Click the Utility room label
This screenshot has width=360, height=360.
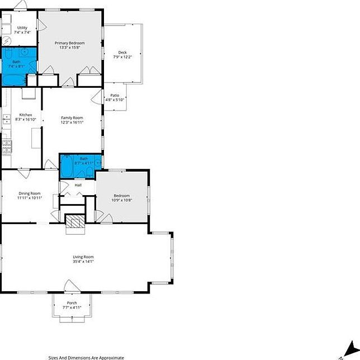point(22,27)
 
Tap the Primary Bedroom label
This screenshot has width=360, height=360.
point(69,43)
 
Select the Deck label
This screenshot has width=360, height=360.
point(122,53)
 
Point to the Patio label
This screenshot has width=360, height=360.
point(114,96)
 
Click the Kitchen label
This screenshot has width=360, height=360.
point(26,115)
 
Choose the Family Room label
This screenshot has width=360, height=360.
point(72,117)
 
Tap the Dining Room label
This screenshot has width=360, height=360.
point(30,193)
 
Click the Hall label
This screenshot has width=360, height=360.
point(78,185)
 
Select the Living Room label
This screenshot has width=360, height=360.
point(83,257)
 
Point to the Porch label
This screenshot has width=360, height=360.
point(72,302)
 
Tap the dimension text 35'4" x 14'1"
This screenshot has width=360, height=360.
point(83,261)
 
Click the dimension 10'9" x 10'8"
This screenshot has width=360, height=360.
point(121,200)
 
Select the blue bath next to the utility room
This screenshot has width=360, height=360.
point(17,64)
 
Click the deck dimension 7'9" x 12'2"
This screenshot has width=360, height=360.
point(122,57)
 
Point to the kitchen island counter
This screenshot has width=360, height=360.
point(36,138)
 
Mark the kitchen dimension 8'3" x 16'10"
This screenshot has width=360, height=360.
point(26,119)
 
